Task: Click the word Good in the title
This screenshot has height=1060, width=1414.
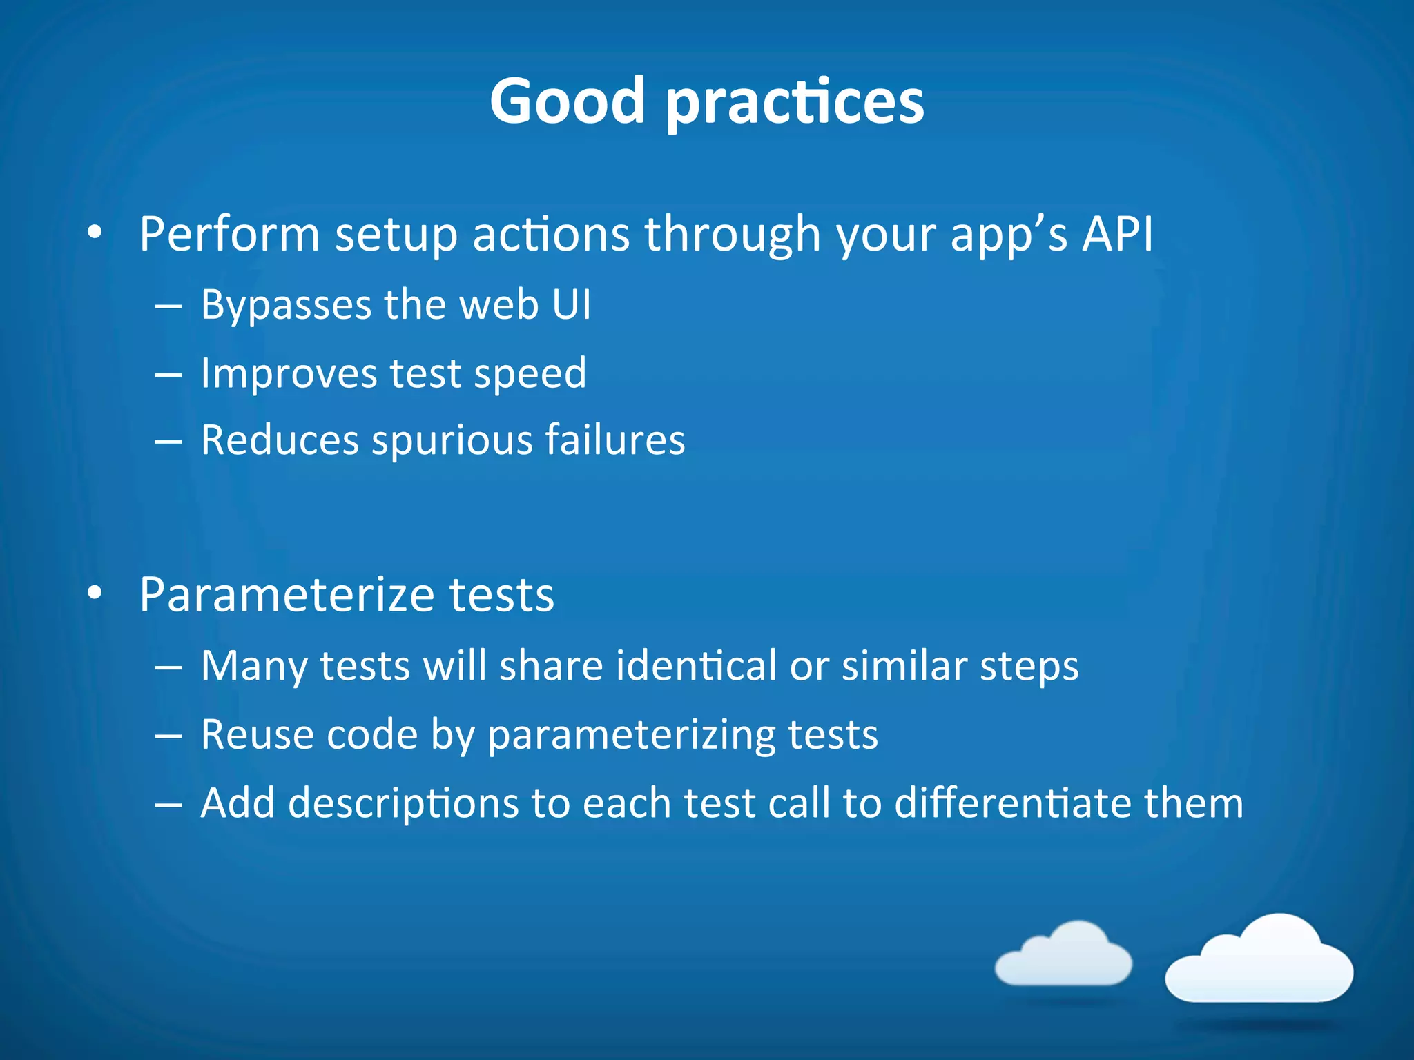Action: (567, 101)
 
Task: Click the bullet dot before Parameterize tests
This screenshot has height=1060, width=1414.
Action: (95, 592)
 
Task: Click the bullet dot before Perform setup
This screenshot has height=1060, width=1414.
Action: (95, 233)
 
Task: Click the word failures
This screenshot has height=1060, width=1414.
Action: (615, 440)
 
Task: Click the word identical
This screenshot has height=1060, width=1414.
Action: (696, 666)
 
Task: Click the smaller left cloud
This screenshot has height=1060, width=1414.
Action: (1063, 956)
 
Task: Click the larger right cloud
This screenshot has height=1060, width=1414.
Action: (1259, 961)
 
